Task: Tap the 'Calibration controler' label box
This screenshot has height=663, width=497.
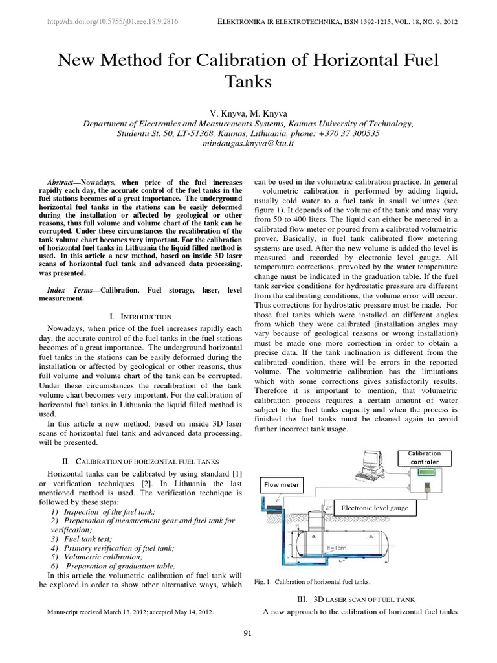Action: pos(424,458)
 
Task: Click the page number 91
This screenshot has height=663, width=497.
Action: pos(247,633)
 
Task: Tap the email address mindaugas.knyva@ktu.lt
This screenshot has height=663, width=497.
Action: pos(248,143)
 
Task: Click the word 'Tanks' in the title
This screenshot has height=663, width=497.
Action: pos(248,82)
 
